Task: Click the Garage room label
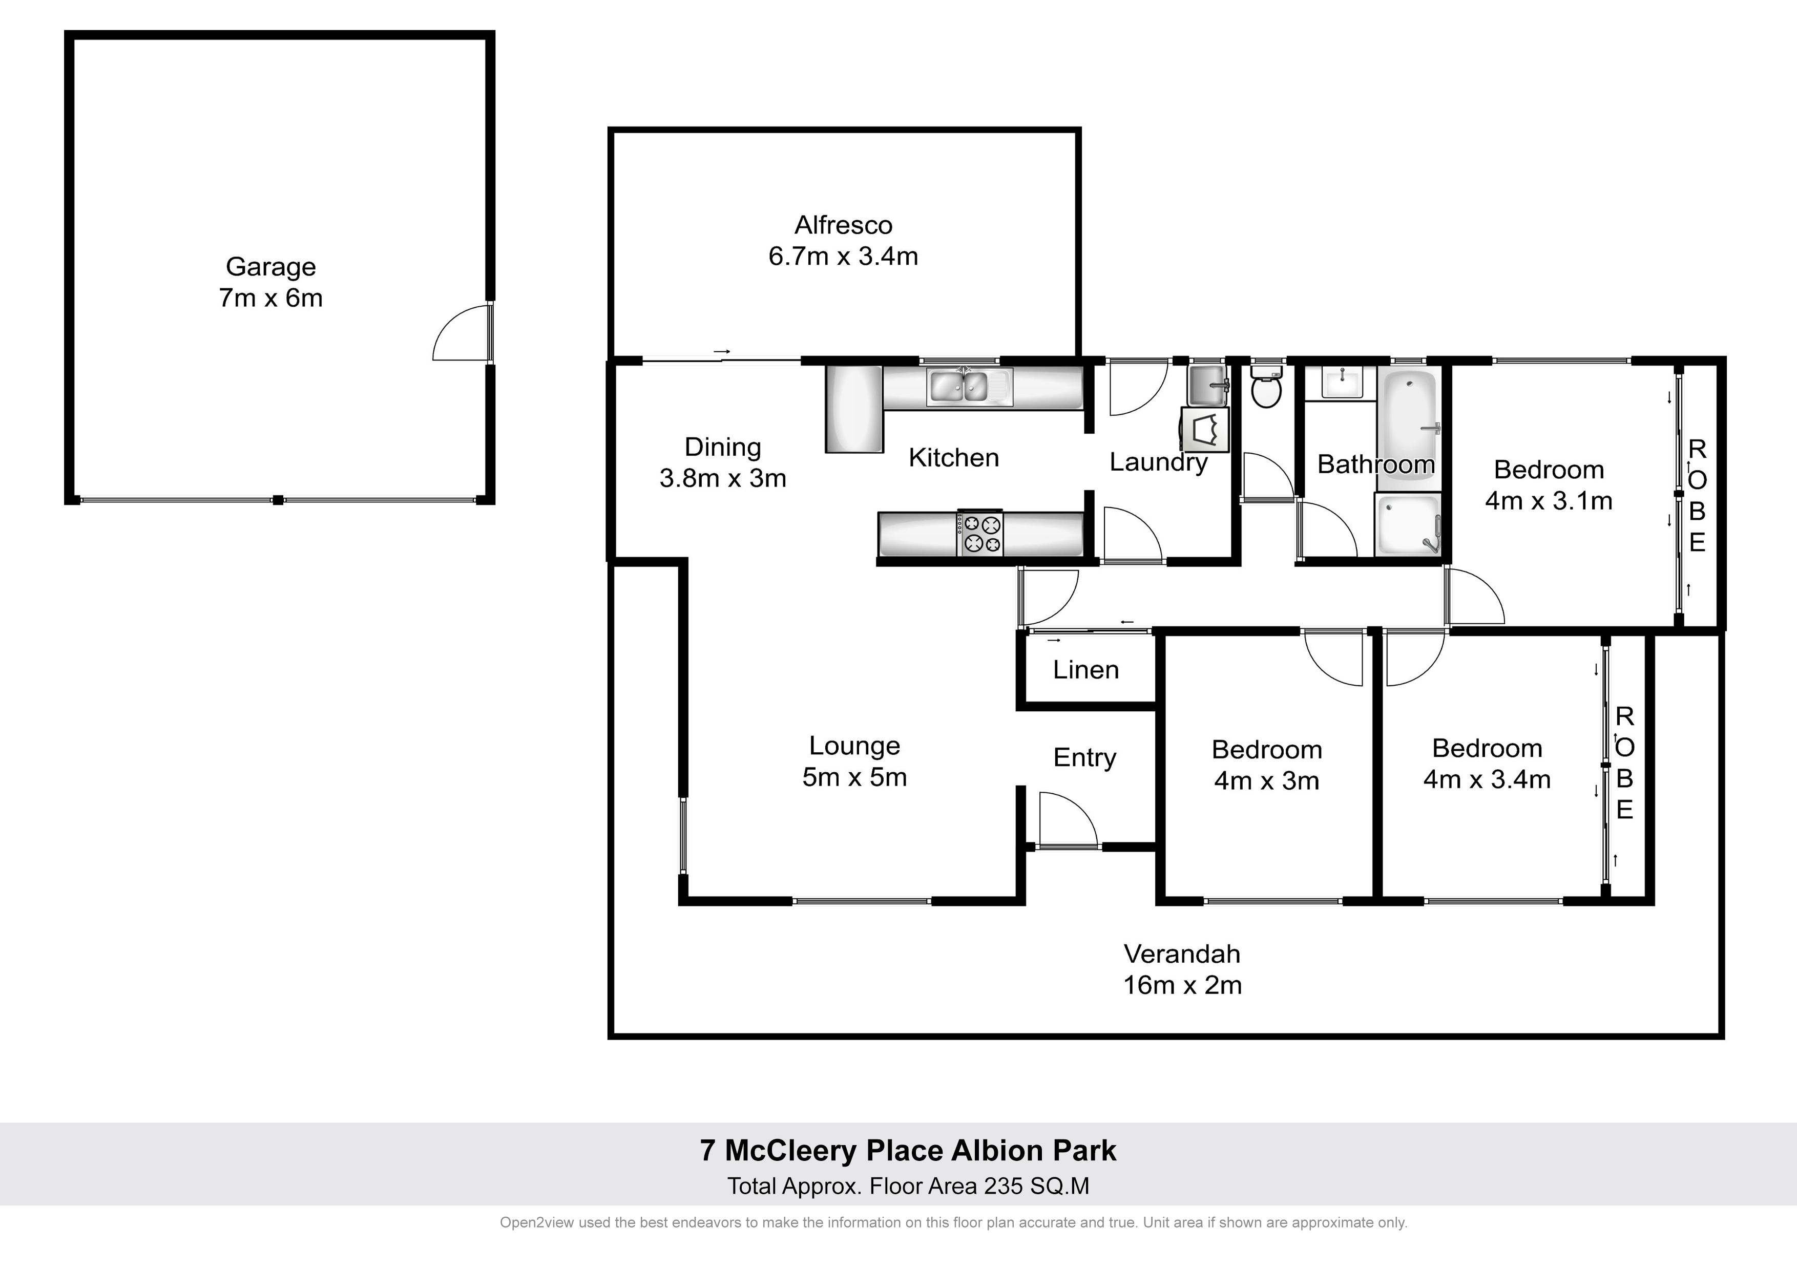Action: pyautogui.click(x=271, y=267)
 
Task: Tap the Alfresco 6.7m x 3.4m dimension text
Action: pyautogui.click(x=843, y=256)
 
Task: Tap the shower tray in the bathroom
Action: pyautogui.click(x=1408, y=525)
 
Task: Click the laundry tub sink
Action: pyautogui.click(x=1208, y=384)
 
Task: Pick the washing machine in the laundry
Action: pyautogui.click(x=1205, y=430)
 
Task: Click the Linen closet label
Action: pyautogui.click(x=1085, y=670)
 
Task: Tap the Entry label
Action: pyautogui.click(x=1085, y=757)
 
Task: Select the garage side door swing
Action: pyautogui.click(x=462, y=332)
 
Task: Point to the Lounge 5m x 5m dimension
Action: pyautogui.click(x=854, y=777)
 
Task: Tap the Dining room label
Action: pyautogui.click(x=722, y=447)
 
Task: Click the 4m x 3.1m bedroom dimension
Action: pyautogui.click(x=1549, y=501)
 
